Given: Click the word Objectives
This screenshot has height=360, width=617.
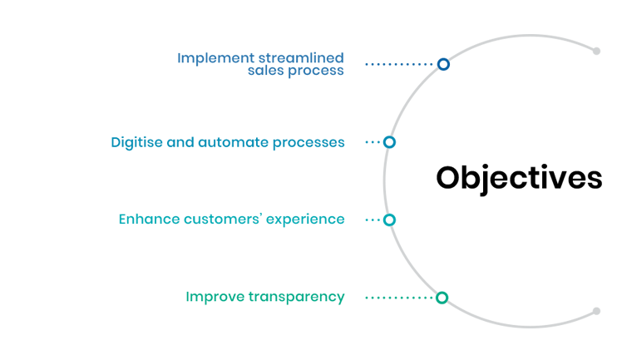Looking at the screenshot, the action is pos(519,178).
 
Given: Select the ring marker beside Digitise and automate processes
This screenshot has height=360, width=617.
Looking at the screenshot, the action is pos(389,142).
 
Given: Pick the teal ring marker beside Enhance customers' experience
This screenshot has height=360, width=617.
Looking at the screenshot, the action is pos(389,220).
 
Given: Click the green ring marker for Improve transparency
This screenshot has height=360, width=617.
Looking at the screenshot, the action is pos(442,298).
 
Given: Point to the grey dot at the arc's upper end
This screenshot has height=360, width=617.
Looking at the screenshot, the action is pos(596,52).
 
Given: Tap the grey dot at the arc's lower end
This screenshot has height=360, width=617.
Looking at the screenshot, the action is pos(596,311).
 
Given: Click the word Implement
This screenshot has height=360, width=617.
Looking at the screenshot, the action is pos(215,59).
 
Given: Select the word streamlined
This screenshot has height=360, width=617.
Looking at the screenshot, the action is pos(301,58).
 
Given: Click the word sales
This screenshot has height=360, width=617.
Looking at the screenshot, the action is pos(266,71).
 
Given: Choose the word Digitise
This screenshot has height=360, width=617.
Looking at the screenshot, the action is pos(136,142).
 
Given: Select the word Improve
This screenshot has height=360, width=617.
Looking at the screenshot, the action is pos(215,297).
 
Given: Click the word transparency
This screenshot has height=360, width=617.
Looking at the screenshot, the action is pos(297,297).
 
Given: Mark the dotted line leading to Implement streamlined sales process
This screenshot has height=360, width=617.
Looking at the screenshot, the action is pos(399,64).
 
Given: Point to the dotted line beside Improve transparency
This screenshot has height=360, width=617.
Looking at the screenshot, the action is pos(399,298).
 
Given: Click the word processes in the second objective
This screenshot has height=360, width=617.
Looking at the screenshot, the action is pos(308,143).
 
